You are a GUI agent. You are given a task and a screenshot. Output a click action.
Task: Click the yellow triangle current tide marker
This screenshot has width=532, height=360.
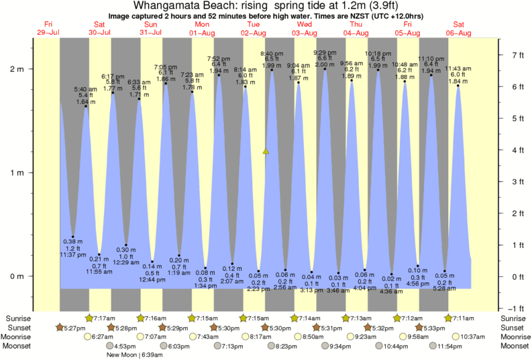[266, 151]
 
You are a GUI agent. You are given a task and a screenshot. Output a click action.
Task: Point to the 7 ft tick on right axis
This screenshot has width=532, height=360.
[513, 54]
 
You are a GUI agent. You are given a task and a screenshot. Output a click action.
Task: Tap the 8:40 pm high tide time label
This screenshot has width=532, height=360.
[272, 53]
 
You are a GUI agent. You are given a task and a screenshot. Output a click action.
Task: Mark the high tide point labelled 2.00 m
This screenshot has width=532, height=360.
[325, 68]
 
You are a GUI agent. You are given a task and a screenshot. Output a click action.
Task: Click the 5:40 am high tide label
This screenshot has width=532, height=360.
[85, 89]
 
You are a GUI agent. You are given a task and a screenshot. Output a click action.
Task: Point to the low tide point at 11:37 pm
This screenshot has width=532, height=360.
[73, 237]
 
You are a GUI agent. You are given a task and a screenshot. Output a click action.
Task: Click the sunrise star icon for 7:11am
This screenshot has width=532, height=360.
[448, 318]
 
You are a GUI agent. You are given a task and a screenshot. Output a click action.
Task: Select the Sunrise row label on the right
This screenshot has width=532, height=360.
[512, 318]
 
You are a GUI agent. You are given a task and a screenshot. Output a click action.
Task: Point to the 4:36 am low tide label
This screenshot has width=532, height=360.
[391, 292]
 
